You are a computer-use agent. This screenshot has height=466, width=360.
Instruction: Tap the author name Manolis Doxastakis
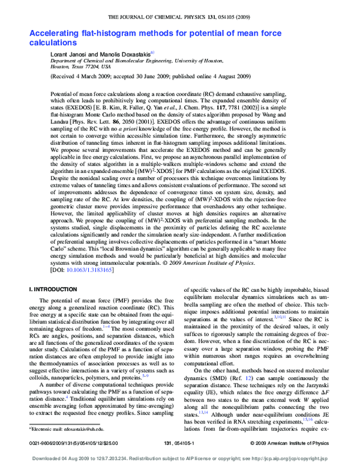pos(126,54)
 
